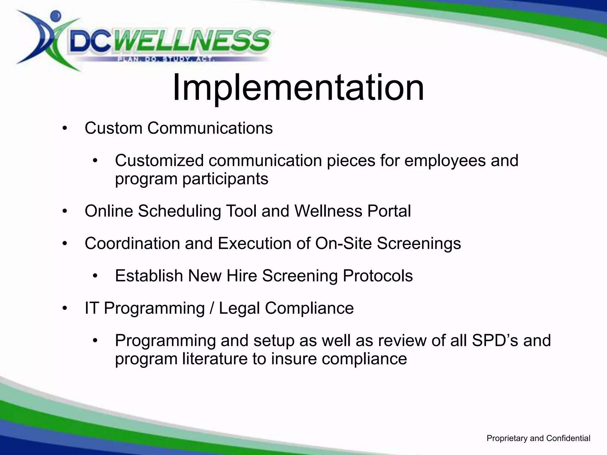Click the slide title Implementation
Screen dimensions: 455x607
click(x=298, y=88)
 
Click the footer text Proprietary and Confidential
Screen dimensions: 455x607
click(x=538, y=438)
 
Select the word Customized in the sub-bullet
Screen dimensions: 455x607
click(x=159, y=161)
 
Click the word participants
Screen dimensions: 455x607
click(x=225, y=179)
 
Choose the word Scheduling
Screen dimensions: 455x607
click(x=179, y=211)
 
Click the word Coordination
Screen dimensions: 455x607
click(x=132, y=243)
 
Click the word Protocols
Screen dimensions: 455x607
click(x=378, y=276)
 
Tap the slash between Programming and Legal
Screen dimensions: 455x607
click(x=212, y=308)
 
